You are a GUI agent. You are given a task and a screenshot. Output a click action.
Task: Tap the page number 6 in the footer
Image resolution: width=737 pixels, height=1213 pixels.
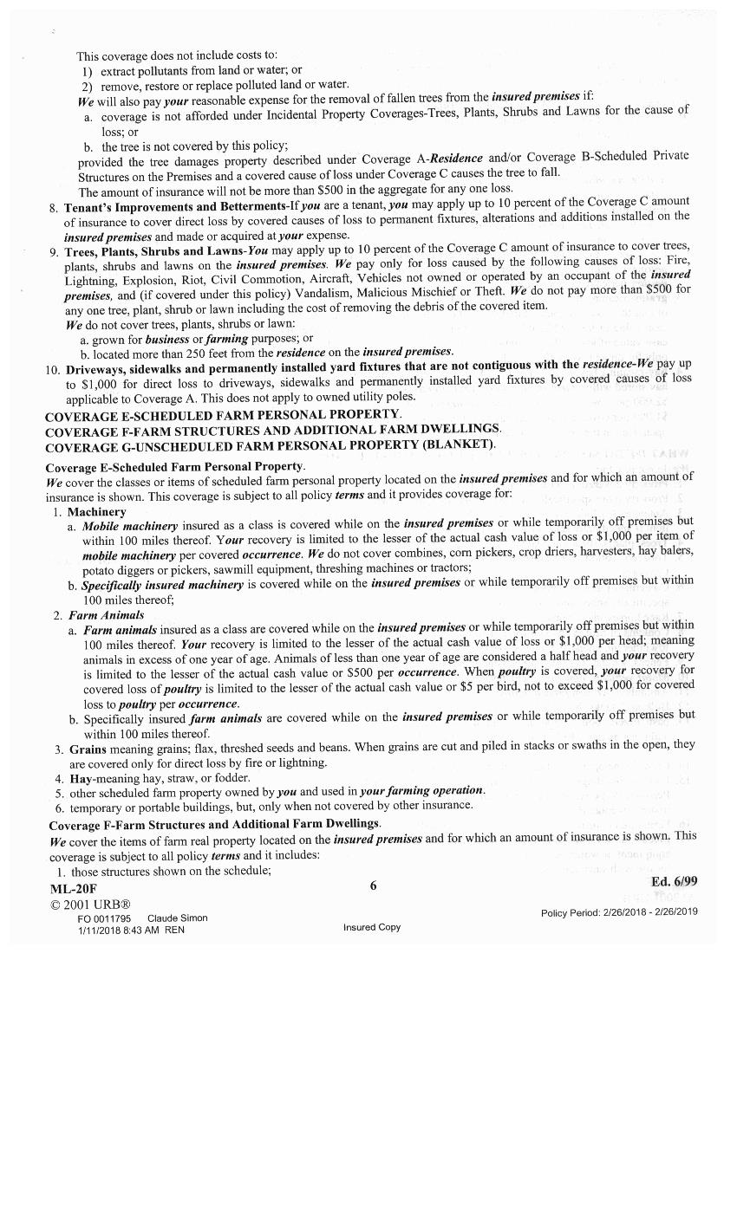(374, 885)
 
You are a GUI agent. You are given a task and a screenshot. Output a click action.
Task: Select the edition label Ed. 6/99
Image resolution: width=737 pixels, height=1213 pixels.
(674, 881)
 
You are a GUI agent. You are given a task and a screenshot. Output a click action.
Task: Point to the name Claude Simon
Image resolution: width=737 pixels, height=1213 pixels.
(177, 918)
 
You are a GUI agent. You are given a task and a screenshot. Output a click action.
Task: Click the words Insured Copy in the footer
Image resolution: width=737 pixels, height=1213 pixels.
(371, 927)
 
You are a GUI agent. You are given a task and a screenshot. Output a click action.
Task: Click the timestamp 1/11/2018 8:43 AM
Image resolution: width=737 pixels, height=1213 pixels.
(118, 931)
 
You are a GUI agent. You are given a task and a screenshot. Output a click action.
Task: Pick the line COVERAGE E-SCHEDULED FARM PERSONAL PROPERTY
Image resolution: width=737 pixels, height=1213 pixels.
(223, 415)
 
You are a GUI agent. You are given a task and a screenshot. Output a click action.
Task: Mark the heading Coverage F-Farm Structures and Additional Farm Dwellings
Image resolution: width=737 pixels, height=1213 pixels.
(214, 824)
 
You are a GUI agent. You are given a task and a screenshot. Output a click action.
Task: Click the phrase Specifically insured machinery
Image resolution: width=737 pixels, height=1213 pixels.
(162, 585)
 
